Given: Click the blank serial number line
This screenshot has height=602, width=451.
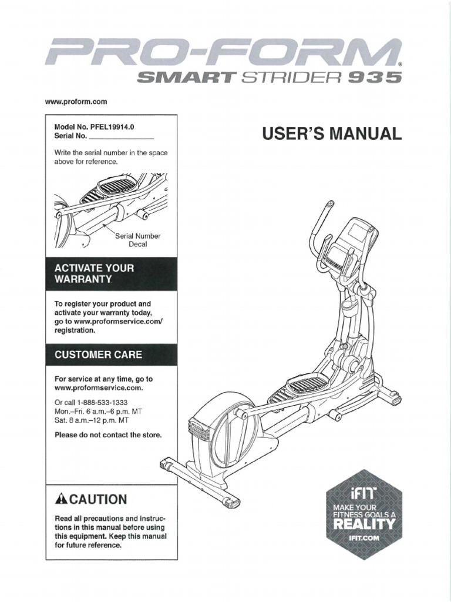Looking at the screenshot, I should [x=122, y=136].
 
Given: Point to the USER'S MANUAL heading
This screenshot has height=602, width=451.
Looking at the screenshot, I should [x=334, y=134].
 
